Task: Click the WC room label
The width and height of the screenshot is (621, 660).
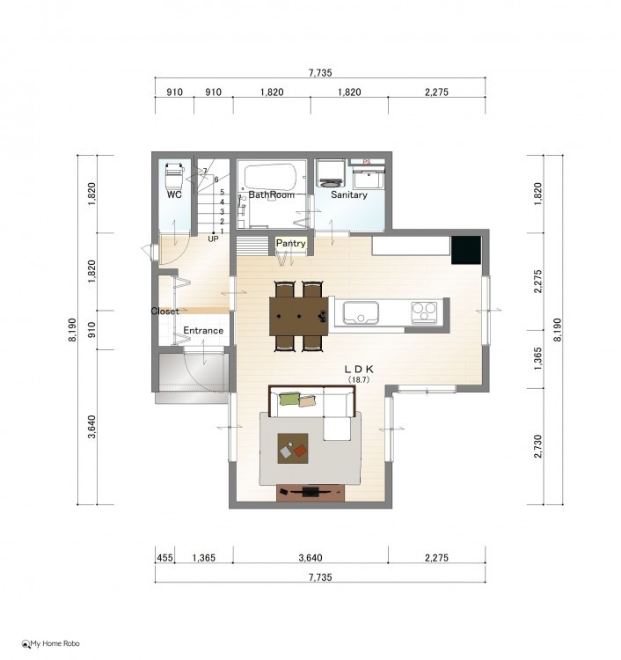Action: tap(174, 194)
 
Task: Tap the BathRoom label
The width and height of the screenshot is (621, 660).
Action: tap(272, 194)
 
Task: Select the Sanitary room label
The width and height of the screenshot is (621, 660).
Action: tap(349, 194)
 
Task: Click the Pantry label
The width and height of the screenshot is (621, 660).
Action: tap(290, 243)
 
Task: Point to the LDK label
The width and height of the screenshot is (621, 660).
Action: tap(359, 369)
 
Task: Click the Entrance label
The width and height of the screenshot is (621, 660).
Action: tap(203, 330)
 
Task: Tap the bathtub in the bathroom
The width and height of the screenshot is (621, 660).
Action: tap(271, 178)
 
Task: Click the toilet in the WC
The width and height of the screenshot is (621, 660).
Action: tap(175, 176)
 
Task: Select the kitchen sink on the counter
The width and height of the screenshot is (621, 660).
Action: tap(361, 312)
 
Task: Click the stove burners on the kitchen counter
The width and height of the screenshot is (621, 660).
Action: tap(424, 312)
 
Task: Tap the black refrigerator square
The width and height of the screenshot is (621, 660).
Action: tap(466, 250)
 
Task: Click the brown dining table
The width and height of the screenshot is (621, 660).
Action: tap(299, 316)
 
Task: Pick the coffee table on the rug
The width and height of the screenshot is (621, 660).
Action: tap(293, 449)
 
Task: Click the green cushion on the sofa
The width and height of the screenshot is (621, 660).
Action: tap(289, 398)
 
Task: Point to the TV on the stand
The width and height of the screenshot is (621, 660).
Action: tap(310, 491)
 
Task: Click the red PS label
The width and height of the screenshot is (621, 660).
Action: tap(367, 162)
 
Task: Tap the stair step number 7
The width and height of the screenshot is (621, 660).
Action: tap(205, 171)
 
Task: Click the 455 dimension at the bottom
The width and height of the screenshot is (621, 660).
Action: tap(165, 558)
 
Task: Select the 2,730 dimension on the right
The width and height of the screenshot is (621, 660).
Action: tap(537, 446)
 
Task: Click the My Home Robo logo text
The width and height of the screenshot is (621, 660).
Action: tap(51, 643)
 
